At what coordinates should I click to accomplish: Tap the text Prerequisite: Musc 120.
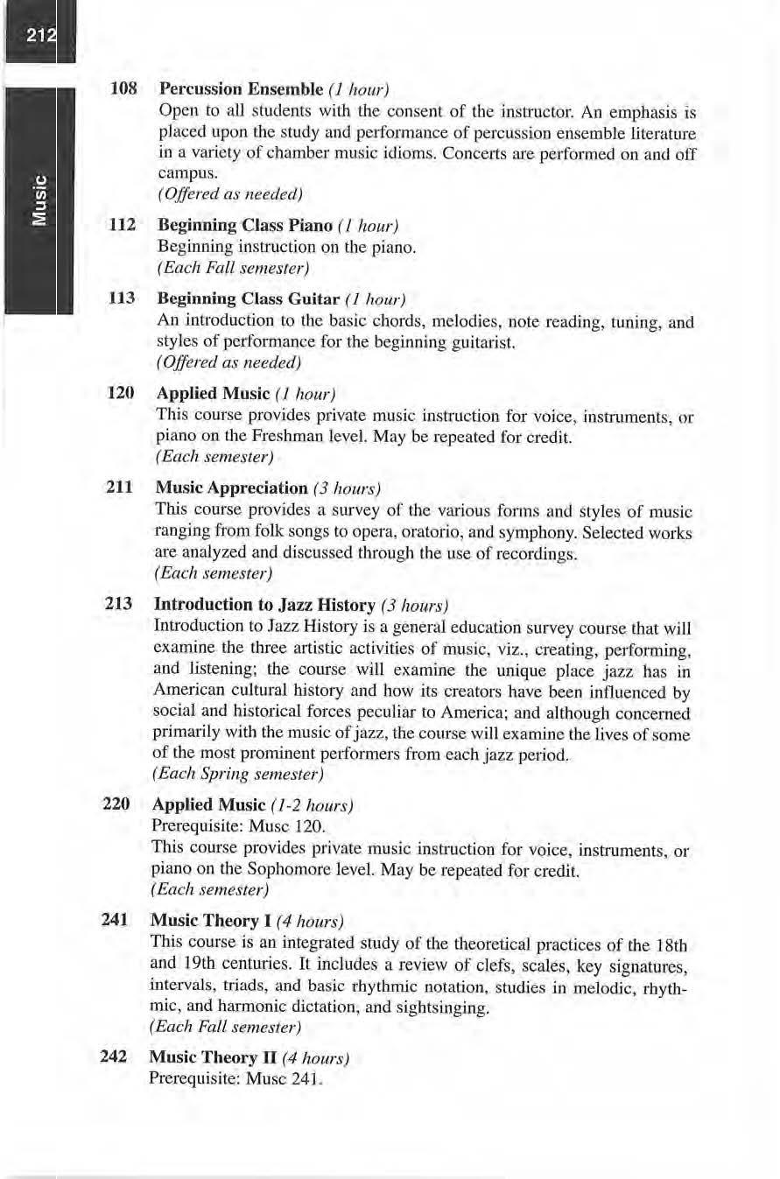point(227,825)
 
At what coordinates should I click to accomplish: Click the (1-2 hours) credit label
point(311,804)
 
